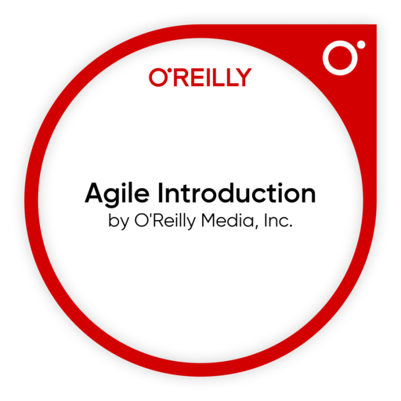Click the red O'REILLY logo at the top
pyautogui.click(x=200, y=77)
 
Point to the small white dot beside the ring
pyautogui.click(x=360, y=45)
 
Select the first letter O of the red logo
pyautogui.click(x=156, y=77)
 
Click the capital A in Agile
pyautogui.click(x=93, y=193)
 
